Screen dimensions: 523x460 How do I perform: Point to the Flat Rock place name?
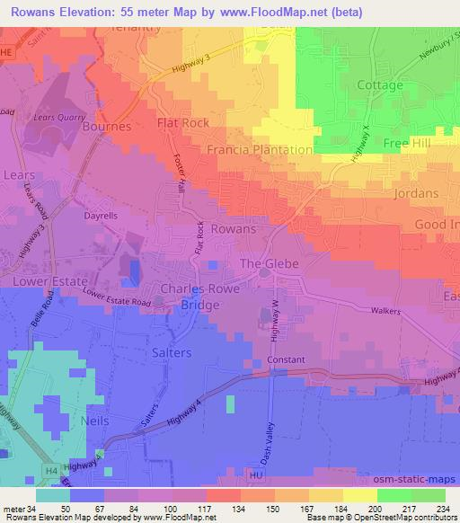(183, 122)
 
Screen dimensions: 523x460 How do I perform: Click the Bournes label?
(107, 127)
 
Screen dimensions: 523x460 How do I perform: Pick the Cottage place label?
(380, 85)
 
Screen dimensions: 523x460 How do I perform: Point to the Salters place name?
(171, 353)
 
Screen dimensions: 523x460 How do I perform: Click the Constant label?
(286, 359)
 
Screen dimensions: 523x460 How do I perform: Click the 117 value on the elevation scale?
(190, 508)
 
